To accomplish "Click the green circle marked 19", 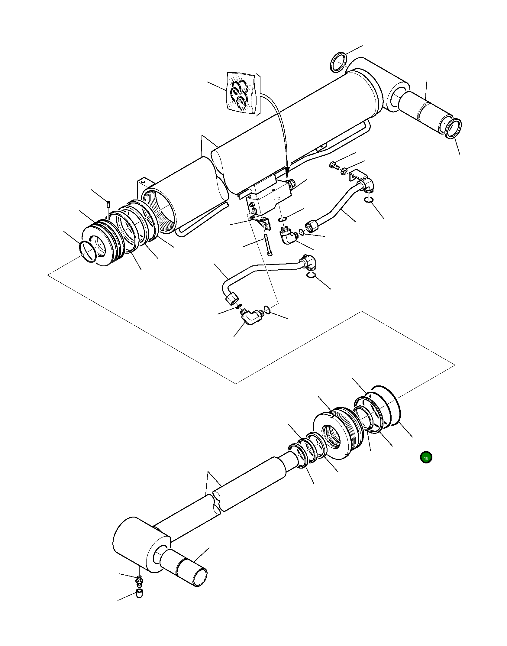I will point(426,457).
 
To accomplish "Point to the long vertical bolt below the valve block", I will point(267,245).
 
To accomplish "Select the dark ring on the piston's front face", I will point(88,252).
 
